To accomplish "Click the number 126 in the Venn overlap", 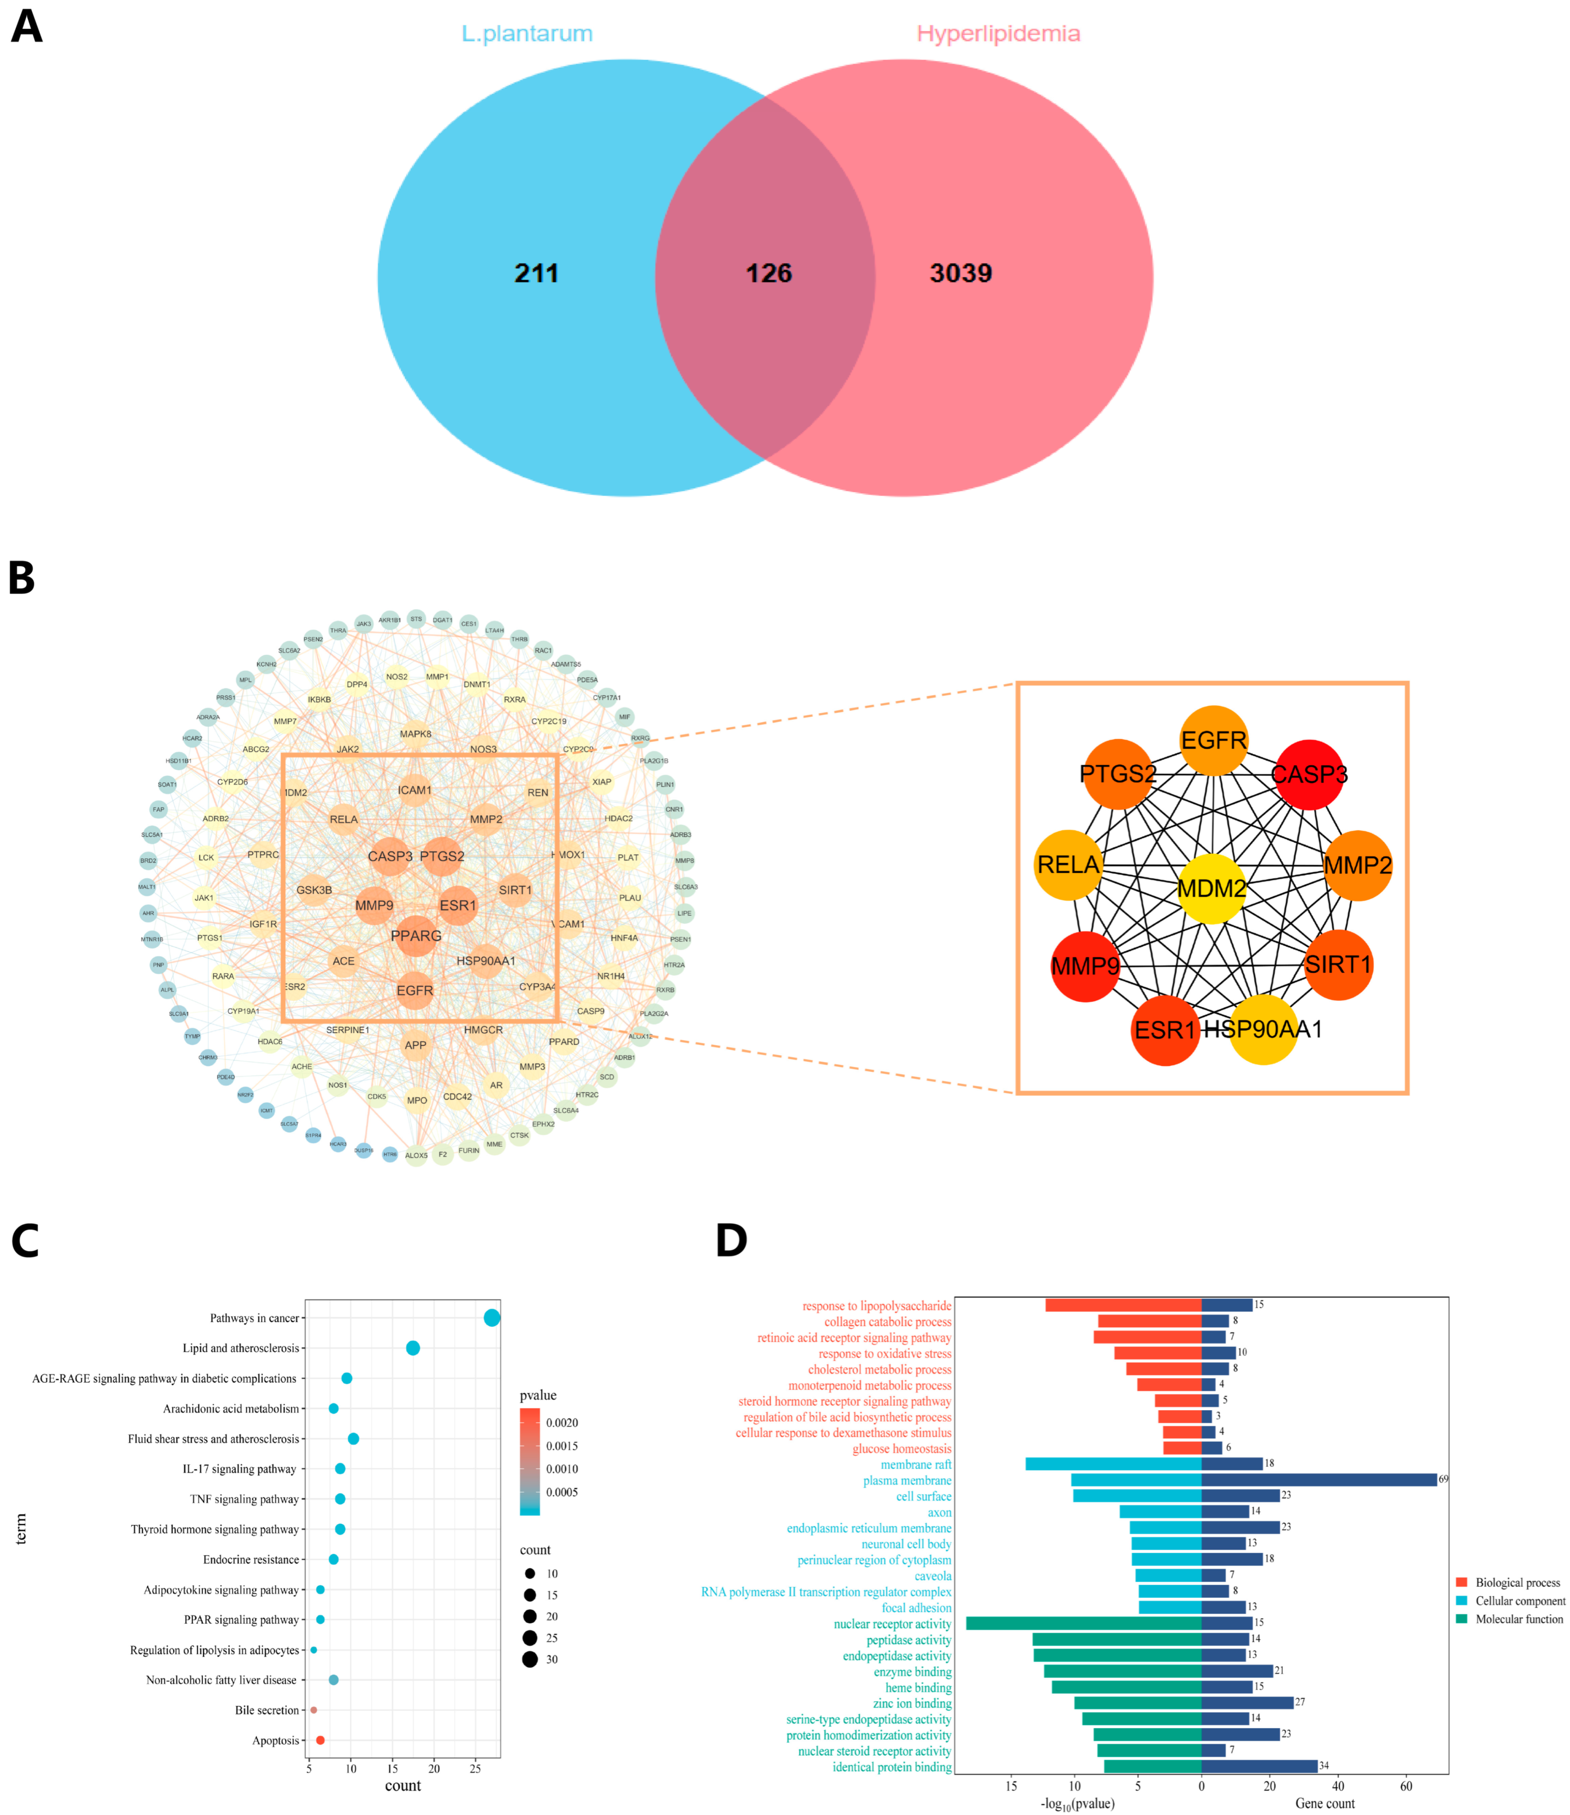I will (768, 273).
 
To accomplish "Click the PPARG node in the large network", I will (416, 936).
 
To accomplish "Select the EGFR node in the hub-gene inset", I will (1213, 740).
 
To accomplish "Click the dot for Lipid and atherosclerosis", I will (413, 1348).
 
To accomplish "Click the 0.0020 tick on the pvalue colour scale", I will (561, 1423).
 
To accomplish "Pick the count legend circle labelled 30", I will (530, 1659).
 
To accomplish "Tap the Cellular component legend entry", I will (1518, 1600).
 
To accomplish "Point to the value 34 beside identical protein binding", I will (1324, 1765).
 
